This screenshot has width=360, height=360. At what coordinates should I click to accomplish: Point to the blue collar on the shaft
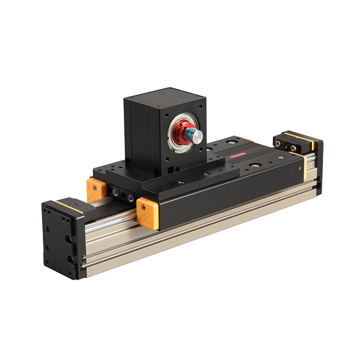[192, 135]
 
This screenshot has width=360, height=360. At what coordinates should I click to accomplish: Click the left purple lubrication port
[117, 194]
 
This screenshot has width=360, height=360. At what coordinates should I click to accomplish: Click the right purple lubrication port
[130, 198]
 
